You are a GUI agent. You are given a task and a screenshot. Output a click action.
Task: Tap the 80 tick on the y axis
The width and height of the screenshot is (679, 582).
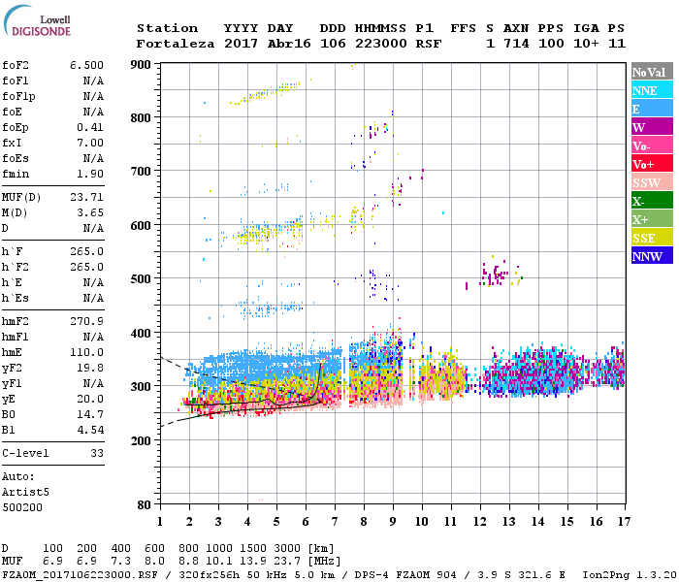click(145, 505)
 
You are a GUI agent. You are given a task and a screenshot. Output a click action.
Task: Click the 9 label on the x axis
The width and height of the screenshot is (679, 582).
click(393, 521)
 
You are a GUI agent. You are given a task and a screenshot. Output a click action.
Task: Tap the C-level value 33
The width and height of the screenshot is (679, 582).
click(97, 453)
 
